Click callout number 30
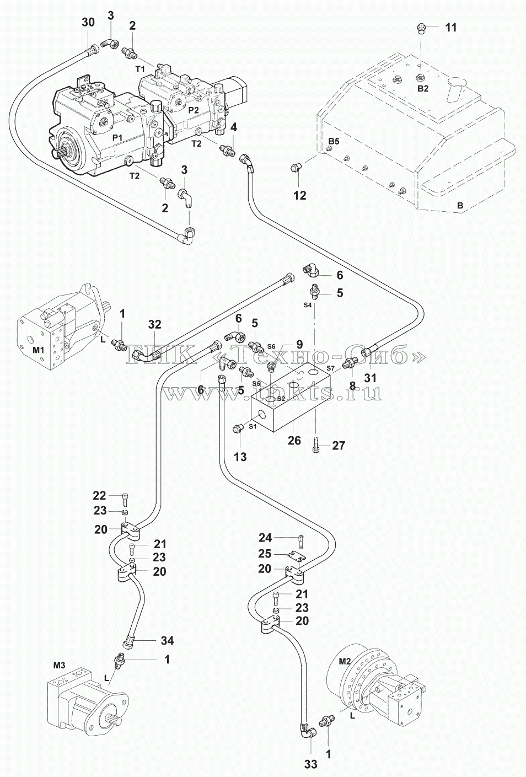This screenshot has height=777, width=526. (x=88, y=23)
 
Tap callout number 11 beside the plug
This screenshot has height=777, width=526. (x=451, y=28)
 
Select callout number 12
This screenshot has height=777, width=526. (x=300, y=196)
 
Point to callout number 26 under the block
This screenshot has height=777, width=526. (x=294, y=441)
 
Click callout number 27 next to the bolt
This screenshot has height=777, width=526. (x=339, y=446)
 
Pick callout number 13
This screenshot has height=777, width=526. (x=240, y=457)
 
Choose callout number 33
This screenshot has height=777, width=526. (x=310, y=764)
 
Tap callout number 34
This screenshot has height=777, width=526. (x=167, y=641)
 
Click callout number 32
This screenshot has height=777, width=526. (x=154, y=325)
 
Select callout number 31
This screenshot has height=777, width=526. (x=371, y=378)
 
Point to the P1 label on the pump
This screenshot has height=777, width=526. (x=117, y=138)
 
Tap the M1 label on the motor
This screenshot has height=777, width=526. (x=39, y=350)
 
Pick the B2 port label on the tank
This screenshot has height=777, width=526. (x=423, y=89)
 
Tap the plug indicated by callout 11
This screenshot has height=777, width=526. (x=421, y=29)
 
